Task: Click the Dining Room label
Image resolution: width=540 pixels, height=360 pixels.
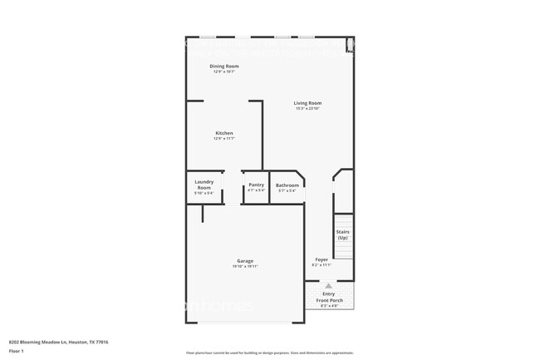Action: (x=224, y=66)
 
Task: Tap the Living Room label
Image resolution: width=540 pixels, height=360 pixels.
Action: (x=307, y=103)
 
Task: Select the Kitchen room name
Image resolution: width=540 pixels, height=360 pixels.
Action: (x=224, y=133)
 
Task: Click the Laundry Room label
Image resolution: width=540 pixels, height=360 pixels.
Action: (x=204, y=185)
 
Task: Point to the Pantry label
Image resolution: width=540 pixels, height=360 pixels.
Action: (x=256, y=185)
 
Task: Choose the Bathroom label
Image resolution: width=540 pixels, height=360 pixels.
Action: (x=287, y=185)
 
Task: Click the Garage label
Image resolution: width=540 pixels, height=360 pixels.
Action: (x=245, y=260)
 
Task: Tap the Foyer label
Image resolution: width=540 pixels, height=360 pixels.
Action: (x=322, y=259)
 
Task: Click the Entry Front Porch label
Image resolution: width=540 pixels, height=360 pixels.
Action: (x=328, y=296)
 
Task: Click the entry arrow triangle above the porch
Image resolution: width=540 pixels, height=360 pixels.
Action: (x=328, y=285)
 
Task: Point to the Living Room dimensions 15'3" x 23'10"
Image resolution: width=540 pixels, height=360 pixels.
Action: (x=307, y=109)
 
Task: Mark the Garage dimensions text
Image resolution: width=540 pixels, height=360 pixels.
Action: (x=245, y=266)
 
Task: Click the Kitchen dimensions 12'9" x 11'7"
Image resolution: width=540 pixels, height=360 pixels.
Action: (x=224, y=139)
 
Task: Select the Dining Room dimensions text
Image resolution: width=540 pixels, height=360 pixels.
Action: (x=224, y=72)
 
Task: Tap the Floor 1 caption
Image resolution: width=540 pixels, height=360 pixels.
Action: (x=17, y=352)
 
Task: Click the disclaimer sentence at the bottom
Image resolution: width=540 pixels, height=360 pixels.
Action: (x=269, y=353)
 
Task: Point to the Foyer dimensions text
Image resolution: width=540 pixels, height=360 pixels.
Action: (x=322, y=265)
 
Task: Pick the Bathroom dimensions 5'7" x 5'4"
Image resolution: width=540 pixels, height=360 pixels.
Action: (x=287, y=190)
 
